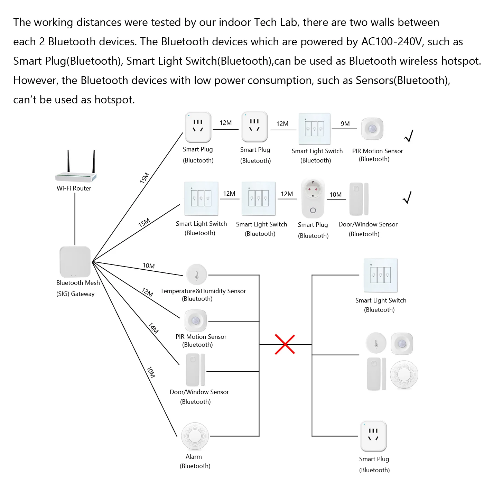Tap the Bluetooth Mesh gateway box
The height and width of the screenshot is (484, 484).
(75, 261)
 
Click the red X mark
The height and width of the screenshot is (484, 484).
(285, 344)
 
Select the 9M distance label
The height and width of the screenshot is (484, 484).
(345, 124)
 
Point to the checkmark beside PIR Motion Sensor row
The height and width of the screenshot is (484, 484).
(409, 136)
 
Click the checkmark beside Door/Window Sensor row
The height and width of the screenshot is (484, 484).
(408, 197)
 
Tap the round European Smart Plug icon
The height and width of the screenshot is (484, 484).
(313, 198)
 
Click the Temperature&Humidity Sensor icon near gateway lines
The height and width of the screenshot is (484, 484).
(197, 275)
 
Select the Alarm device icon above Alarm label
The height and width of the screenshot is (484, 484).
(195, 436)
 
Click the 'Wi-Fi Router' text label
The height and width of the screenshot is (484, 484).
(74, 188)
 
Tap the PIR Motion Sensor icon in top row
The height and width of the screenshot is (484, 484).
(372, 129)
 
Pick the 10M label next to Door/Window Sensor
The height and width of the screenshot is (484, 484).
(335, 195)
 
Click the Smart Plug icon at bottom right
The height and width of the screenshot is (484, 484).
(373, 436)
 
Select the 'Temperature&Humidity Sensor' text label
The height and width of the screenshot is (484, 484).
(203, 291)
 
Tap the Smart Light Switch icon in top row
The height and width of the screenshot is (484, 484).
(314, 129)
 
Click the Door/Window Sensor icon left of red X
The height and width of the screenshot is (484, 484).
(196, 370)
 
